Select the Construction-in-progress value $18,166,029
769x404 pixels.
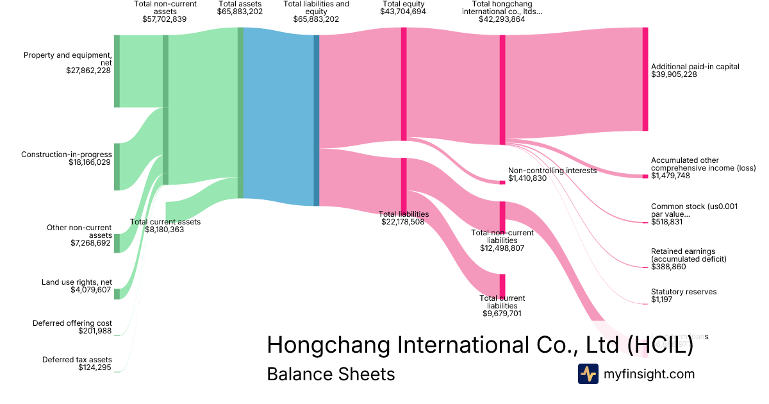coord(90,163)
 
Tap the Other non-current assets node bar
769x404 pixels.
coord(117,243)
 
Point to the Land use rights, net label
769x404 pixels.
coord(76,282)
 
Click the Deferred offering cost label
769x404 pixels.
coord(72,323)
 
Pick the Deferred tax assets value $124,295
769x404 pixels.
coord(95,367)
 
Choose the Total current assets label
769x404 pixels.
coord(165,222)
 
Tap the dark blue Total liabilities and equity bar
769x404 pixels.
coord(316,120)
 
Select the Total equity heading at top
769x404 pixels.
coord(403,4)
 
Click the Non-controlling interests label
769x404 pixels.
coord(552,171)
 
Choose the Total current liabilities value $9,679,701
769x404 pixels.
coord(502,314)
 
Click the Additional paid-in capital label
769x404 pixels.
coord(695,67)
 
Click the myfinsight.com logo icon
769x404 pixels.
coord(588,374)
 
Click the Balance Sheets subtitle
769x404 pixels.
coord(331,374)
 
